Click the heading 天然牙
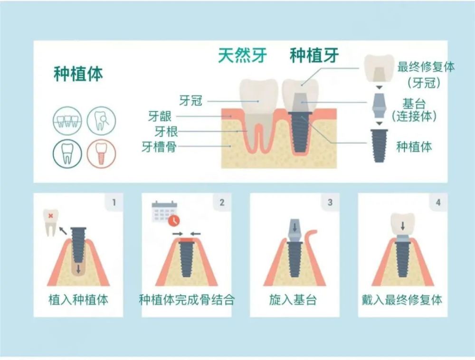click(242, 56)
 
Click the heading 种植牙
click(314, 56)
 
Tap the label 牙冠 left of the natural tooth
click(191, 101)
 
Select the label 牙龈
click(160, 116)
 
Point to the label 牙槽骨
click(159, 147)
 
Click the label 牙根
click(166, 131)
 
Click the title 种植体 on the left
click(78, 75)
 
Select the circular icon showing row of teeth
click(67, 120)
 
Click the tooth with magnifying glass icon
click(101, 120)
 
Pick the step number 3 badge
click(330, 203)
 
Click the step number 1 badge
click(114, 203)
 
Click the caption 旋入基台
click(293, 300)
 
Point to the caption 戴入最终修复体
click(402, 300)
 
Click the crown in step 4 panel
click(402, 223)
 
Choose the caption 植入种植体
click(78, 300)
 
